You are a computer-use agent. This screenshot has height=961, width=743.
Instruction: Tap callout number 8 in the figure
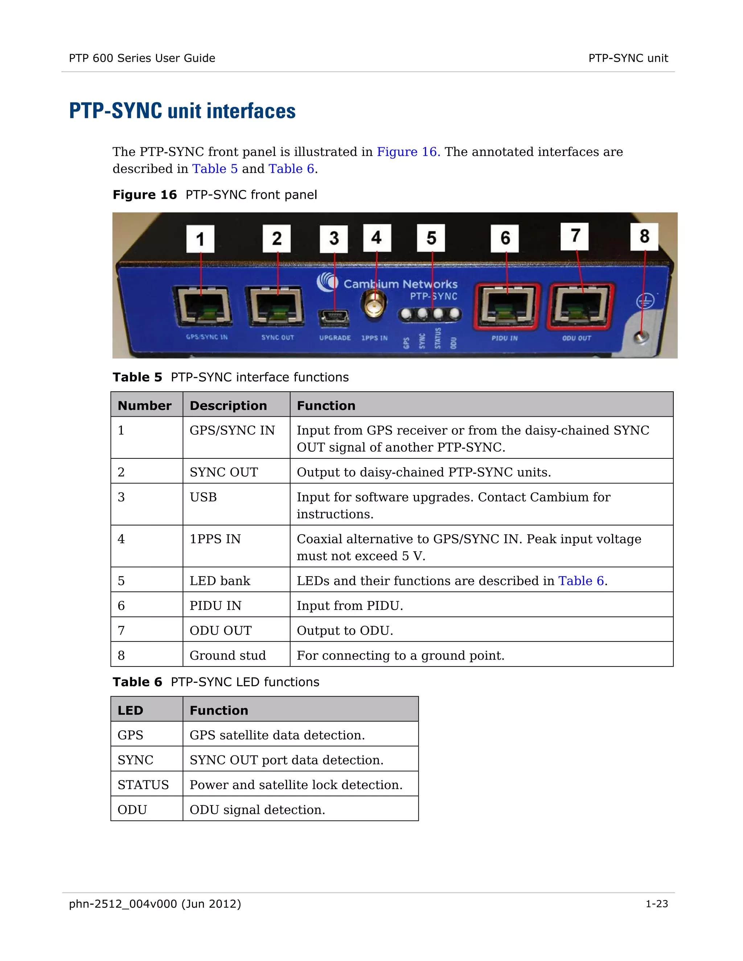(x=644, y=237)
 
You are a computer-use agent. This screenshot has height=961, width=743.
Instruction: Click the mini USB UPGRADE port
(x=334, y=318)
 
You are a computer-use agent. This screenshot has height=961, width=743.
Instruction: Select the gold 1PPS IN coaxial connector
(x=374, y=305)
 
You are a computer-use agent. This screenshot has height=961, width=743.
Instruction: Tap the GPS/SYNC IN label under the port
(x=206, y=337)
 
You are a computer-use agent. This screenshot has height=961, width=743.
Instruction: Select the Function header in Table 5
(x=326, y=405)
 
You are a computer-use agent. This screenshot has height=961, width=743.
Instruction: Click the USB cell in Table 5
(x=204, y=497)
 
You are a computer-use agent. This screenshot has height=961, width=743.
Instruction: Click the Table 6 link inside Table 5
(x=581, y=581)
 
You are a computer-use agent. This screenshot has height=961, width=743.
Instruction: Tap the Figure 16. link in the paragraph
(x=408, y=152)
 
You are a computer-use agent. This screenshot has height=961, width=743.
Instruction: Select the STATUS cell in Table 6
(x=143, y=785)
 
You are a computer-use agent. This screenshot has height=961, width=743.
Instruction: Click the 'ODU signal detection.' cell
(x=258, y=810)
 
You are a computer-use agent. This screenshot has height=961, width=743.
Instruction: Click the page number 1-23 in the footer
(x=656, y=904)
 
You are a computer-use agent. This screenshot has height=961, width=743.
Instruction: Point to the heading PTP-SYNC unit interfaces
(x=182, y=111)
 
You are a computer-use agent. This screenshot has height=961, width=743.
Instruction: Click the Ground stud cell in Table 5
(x=227, y=656)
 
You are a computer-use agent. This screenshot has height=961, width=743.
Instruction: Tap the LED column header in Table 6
(x=130, y=710)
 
